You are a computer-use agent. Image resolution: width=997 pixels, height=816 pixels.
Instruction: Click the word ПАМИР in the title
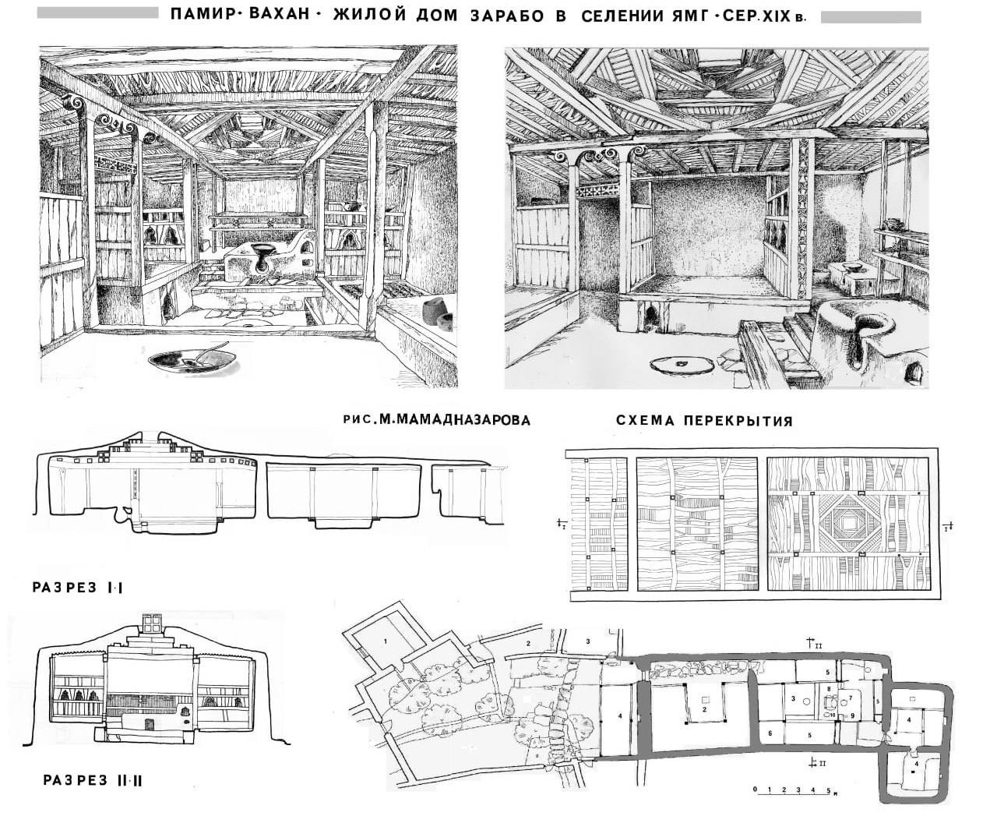[x=199, y=15]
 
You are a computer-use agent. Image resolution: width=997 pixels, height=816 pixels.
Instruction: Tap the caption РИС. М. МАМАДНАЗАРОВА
[x=436, y=420]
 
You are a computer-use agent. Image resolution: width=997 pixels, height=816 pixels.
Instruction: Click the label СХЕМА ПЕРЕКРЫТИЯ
[x=703, y=421]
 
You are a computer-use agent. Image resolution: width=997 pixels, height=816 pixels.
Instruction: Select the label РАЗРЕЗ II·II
[x=87, y=779]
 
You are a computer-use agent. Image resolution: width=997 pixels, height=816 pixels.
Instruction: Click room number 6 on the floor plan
[x=770, y=733]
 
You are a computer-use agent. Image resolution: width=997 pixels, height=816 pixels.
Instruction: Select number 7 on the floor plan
[x=850, y=698]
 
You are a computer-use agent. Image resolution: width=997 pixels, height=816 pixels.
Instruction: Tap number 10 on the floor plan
[x=833, y=715]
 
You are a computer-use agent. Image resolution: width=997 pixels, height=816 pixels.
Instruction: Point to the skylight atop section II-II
[x=151, y=623]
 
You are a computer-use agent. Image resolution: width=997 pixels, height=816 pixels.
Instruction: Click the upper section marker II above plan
[x=812, y=643]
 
